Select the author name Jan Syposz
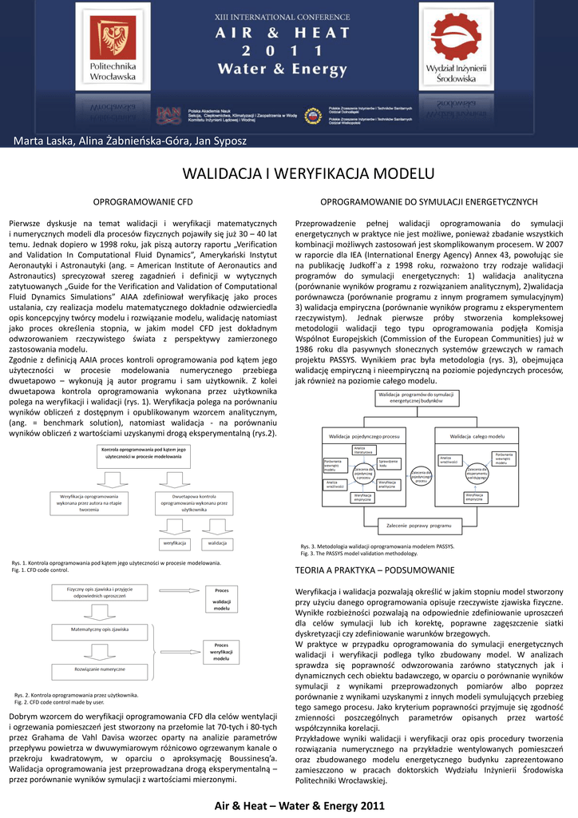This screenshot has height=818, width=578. click(x=219, y=141)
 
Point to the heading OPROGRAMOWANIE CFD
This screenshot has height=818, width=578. click(x=144, y=203)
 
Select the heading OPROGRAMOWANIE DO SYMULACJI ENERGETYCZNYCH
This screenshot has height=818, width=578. click(x=429, y=203)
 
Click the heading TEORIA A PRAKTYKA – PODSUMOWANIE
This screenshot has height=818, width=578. click(x=374, y=570)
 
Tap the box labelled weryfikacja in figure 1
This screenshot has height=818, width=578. click(x=174, y=542)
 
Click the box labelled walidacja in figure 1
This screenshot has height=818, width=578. click(x=216, y=542)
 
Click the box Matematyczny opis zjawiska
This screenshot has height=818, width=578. click(x=100, y=629)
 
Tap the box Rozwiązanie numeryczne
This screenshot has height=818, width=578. click(x=100, y=667)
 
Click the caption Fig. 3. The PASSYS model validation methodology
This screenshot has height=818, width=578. click(x=358, y=553)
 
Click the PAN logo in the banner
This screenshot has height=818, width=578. click(x=168, y=116)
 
